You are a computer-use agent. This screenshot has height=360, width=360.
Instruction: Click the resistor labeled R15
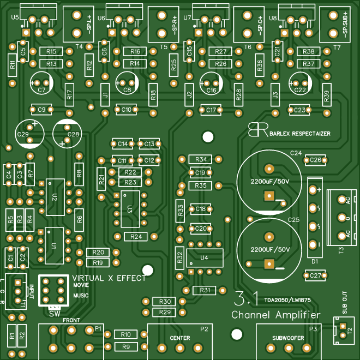click(x=52, y=51)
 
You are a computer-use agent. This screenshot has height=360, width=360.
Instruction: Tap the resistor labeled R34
click(x=201, y=159)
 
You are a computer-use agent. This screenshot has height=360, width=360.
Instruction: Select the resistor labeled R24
click(x=136, y=236)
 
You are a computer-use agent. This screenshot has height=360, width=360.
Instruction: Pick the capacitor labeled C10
click(x=126, y=110)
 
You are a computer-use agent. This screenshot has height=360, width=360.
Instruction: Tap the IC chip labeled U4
click(x=204, y=257)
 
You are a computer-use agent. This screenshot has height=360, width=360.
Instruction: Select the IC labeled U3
click(x=130, y=208)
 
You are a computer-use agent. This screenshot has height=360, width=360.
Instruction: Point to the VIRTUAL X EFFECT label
click(x=109, y=278)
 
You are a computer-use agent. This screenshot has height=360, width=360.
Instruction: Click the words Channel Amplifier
click(x=275, y=315)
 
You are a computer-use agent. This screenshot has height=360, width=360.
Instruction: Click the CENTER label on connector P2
click(x=180, y=338)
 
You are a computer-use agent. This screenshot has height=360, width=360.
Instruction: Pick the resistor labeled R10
click(x=126, y=334)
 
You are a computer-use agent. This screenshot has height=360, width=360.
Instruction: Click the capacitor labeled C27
click(x=315, y=276)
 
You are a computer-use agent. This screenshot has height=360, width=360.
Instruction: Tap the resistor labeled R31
click(x=205, y=290)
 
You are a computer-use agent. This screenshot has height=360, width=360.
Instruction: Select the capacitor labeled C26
click(x=315, y=160)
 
